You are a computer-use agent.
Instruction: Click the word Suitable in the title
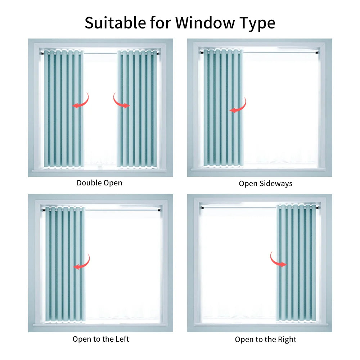[x=115, y=23]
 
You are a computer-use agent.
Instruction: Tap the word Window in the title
[x=205, y=23]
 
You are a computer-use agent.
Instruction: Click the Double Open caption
[x=99, y=183]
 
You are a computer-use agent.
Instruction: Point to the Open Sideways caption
[x=266, y=184]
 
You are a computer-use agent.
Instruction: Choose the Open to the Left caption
[x=101, y=339]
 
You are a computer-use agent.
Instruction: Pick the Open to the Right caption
[x=266, y=339]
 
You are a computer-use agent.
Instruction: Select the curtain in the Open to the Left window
[x=65, y=264]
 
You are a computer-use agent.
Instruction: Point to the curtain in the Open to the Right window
[x=296, y=263]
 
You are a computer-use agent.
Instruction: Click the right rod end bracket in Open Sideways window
[x=317, y=53]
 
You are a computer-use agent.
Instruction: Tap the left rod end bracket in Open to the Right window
[x=202, y=208]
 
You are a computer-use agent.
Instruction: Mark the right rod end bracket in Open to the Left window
[x=159, y=210]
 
